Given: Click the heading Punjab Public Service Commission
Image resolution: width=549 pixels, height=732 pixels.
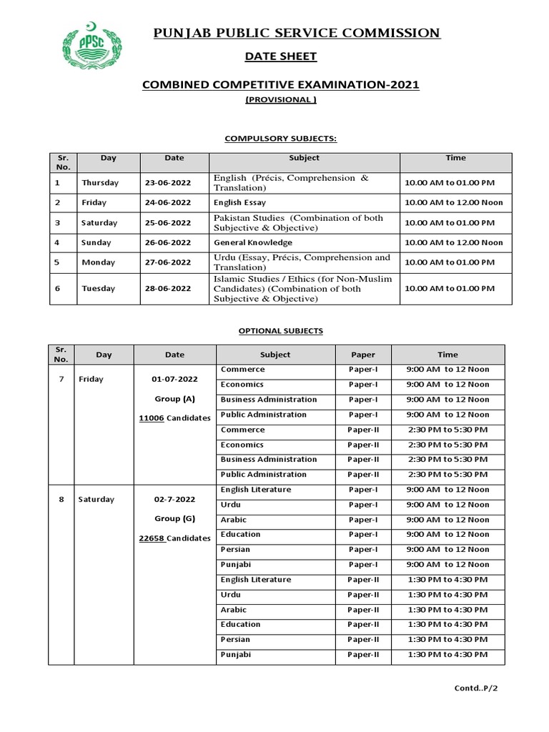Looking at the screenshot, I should click(x=297, y=33).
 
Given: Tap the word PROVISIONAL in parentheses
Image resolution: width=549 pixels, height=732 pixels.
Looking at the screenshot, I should click(x=280, y=100).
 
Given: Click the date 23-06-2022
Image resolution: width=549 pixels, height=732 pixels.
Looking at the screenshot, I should click(x=168, y=183).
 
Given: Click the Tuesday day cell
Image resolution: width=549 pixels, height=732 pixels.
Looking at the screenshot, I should click(x=98, y=289).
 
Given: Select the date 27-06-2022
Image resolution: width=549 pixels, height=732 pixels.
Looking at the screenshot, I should click(x=168, y=262).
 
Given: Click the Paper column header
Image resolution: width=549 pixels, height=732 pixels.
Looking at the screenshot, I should click(x=363, y=355).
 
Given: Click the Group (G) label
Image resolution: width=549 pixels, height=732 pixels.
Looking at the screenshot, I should click(x=174, y=518).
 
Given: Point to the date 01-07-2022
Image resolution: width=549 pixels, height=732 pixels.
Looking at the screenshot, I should click(x=174, y=378).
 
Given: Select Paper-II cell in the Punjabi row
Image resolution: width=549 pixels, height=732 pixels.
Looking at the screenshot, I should click(x=363, y=655).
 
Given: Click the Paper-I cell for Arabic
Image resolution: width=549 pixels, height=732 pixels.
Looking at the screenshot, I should click(x=363, y=520).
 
